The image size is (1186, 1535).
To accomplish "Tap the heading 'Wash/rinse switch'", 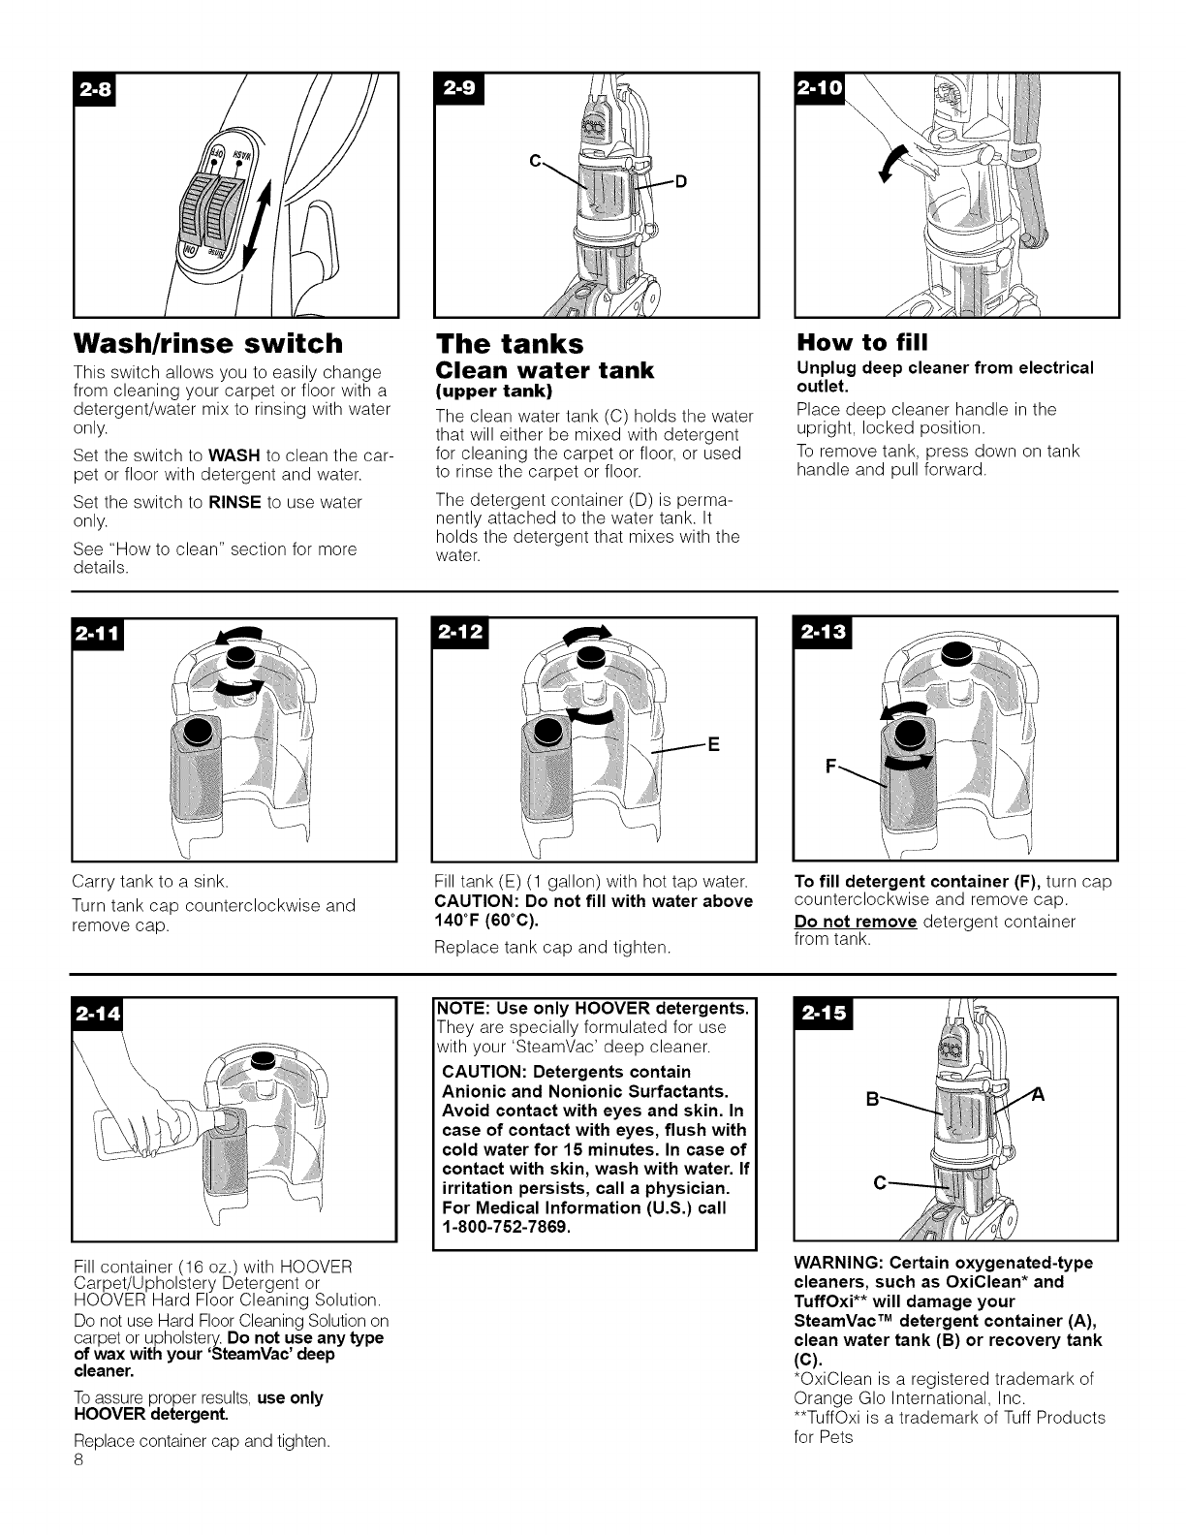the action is click(208, 343).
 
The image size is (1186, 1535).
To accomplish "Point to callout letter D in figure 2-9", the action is click(680, 181).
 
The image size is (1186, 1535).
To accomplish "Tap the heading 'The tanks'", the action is click(510, 344).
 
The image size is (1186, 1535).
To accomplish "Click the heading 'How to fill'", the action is click(861, 342).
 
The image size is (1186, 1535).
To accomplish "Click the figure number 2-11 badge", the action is click(97, 637).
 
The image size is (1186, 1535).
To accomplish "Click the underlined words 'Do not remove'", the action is click(855, 921).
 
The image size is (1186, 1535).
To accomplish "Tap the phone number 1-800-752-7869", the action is click(505, 1228).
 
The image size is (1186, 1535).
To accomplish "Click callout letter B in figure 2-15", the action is click(871, 1101).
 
